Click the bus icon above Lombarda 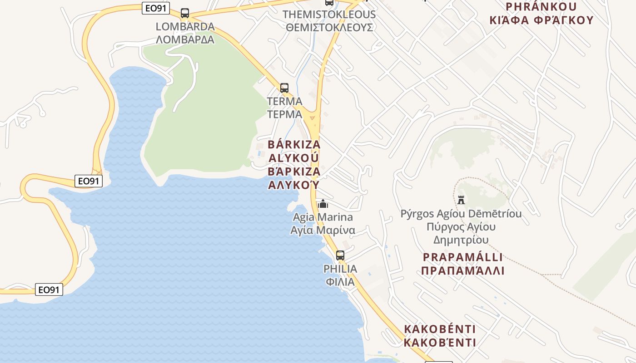185,13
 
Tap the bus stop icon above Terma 284,88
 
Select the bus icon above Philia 340,255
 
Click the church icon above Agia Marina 323,204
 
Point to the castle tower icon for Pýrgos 461,200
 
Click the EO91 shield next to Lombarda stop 156,8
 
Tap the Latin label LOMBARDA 185,26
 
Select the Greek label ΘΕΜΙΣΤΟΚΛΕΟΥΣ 329,27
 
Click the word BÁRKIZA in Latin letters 294,145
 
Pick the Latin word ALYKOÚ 293,158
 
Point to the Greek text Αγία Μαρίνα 323,231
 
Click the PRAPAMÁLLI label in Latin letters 463,257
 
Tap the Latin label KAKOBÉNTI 440,329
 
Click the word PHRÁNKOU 541,7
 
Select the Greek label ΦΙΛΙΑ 340,282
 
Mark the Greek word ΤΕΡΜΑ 285,114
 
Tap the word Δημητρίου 461,240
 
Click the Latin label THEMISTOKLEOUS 329,14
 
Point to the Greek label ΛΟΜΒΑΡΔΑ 185,39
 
